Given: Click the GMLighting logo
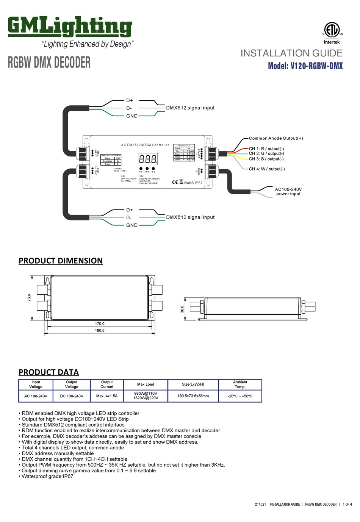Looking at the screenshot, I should tap(70, 27).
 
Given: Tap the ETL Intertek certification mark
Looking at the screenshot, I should tap(332, 33).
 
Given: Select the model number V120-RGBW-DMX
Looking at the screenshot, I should tap(305, 66).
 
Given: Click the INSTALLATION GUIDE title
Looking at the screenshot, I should tap(291, 53).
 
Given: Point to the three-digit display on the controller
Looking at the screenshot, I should tap(148, 159).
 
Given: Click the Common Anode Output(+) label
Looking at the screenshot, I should tap(276, 138).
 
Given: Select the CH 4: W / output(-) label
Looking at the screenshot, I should tap(267, 169).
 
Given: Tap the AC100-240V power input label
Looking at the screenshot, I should tap(288, 191).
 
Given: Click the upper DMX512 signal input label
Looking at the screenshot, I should tap(190, 108).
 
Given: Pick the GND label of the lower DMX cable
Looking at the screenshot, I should tap(132, 225).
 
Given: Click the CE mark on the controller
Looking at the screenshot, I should tap(175, 182).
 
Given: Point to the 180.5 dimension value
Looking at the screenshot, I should tap(100, 330).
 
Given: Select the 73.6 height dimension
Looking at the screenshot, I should tap(29, 298).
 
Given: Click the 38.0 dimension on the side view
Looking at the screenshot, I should tap(182, 309).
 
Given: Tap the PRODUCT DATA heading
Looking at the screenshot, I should tap(49, 372).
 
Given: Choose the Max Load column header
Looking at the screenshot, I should tap(146, 384).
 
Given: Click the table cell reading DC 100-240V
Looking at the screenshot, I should tap(72, 396).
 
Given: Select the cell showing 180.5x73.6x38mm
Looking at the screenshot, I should tap(193, 396).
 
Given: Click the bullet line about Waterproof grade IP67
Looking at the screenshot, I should tap(47, 476).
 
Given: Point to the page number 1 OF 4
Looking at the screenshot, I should tap(347, 504).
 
